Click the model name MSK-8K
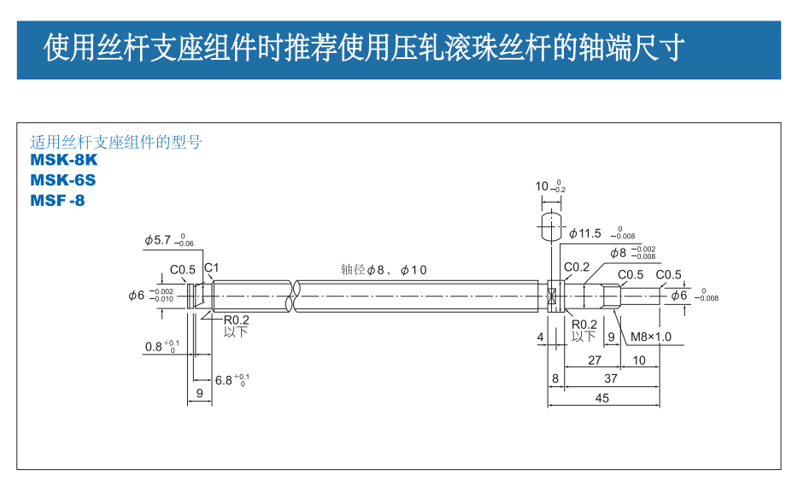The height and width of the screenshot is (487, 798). (x=64, y=159)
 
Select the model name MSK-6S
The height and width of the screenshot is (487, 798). (x=63, y=179)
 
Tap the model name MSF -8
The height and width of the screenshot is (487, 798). (x=58, y=201)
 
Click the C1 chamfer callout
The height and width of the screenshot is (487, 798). (x=211, y=267)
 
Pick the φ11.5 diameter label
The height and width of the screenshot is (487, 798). (x=585, y=233)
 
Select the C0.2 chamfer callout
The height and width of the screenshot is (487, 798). (x=577, y=267)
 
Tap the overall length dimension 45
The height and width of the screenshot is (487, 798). (x=602, y=397)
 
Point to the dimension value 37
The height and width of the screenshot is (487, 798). (x=610, y=377)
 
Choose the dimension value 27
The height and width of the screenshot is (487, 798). (x=595, y=360)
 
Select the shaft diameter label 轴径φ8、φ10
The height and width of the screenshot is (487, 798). (x=384, y=270)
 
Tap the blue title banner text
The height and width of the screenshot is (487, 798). (x=364, y=48)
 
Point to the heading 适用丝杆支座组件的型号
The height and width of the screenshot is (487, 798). (x=116, y=142)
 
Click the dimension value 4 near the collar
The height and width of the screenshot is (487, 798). (x=540, y=337)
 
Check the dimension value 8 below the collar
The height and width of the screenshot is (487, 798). (x=554, y=377)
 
